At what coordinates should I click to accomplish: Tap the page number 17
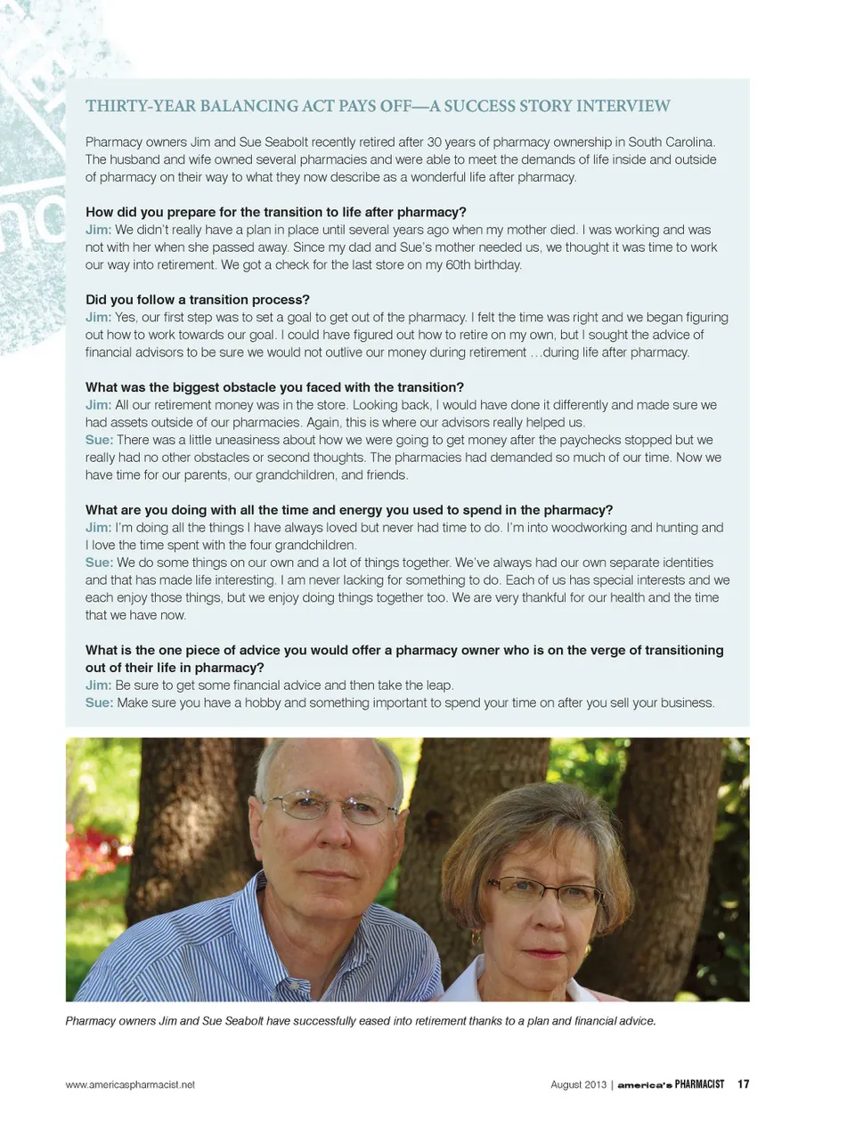pyautogui.click(x=744, y=1084)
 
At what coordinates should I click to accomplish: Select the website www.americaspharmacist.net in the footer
pyautogui.click(x=130, y=1084)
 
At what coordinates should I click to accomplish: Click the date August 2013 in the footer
pyautogui.click(x=578, y=1084)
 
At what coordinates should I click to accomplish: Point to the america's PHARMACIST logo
pyautogui.click(x=671, y=1084)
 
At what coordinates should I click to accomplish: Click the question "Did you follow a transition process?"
pyautogui.click(x=198, y=300)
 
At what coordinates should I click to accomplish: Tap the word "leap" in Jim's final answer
pyautogui.click(x=437, y=685)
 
